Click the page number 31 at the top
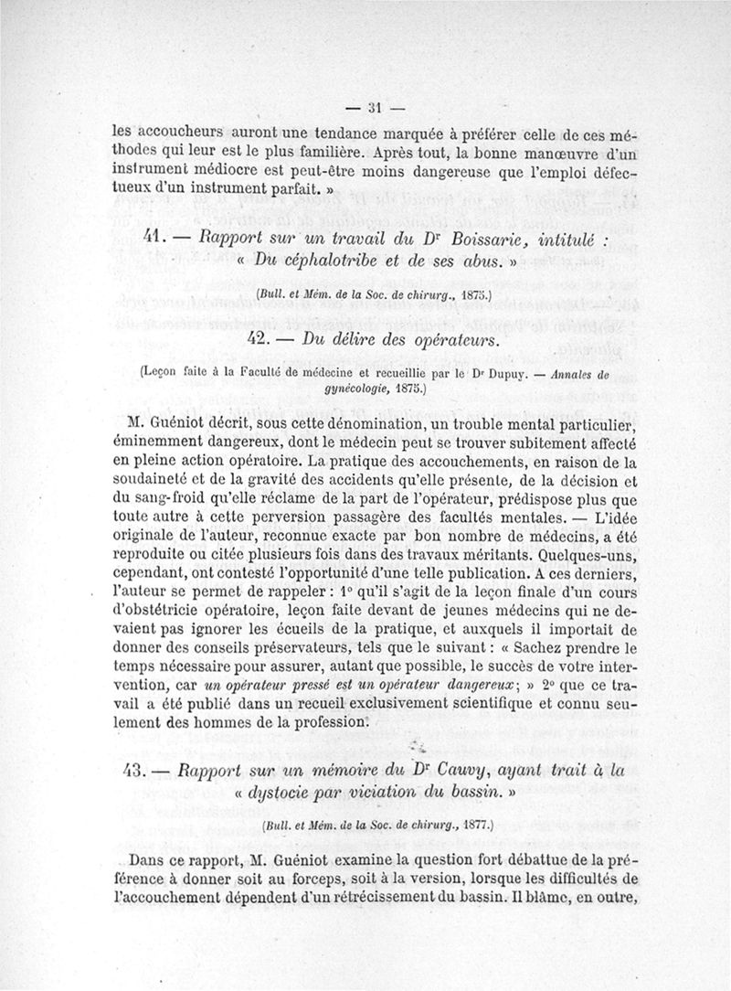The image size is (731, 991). point(374,104)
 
